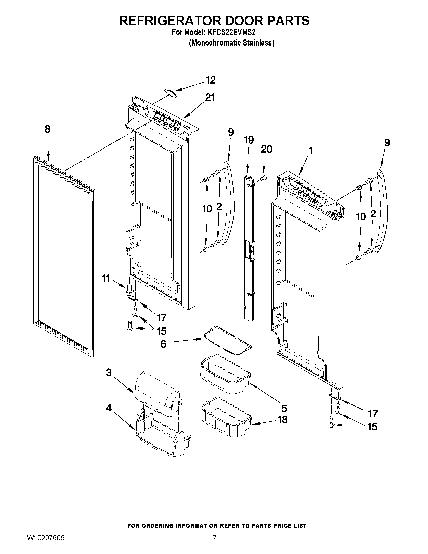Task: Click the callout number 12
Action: (211, 80)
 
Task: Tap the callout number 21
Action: (210, 97)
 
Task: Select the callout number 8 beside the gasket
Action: (47, 129)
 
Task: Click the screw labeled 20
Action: (263, 179)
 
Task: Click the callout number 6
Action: (163, 344)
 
